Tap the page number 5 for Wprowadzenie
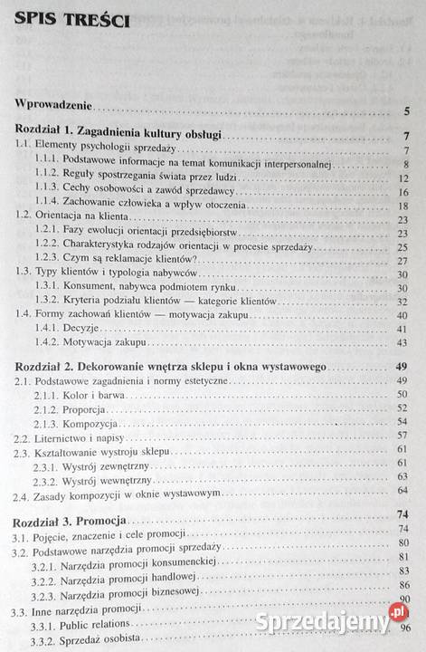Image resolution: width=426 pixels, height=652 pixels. (409, 111)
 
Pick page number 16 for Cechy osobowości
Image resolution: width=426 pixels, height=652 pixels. (405, 193)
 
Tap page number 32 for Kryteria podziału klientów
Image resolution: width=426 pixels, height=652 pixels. (405, 302)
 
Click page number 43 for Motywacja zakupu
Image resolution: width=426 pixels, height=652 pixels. (405, 343)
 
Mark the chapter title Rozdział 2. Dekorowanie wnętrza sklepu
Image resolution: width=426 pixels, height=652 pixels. (172, 367)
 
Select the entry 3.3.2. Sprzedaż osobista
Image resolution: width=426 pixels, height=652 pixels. (99, 641)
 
